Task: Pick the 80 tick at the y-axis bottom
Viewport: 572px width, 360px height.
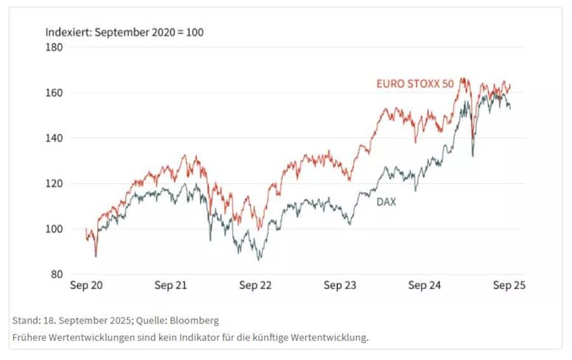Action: [x=57, y=274]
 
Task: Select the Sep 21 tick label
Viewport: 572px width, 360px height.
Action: [x=170, y=286]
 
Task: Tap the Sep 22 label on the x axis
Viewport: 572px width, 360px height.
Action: [x=255, y=286]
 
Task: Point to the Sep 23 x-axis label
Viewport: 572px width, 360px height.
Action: [x=340, y=286]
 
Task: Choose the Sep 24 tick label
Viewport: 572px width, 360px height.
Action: [x=425, y=286]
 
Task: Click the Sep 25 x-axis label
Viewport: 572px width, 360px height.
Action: [x=509, y=286]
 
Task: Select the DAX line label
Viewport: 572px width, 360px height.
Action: [x=386, y=203]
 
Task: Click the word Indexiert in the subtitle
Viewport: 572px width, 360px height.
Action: [x=67, y=32]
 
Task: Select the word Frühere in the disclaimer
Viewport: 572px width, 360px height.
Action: [x=29, y=338]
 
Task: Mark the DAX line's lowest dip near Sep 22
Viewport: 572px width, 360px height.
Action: [x=259, y=260]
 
